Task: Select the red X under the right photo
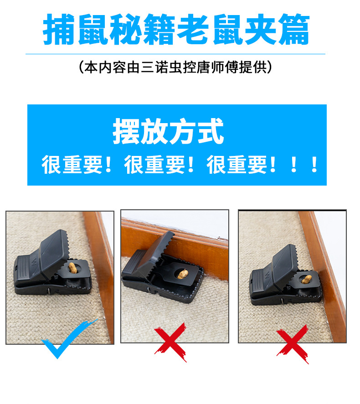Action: (292, 344)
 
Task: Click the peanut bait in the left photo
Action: (72, 268)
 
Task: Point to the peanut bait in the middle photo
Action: (183, 274)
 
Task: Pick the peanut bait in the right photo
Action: (306, 279)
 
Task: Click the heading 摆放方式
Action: (168, 131)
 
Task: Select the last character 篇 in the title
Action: (294, 29)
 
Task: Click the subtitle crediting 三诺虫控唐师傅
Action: (175, 67)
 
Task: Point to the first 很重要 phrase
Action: (72, 165)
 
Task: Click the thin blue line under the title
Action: (175, 54)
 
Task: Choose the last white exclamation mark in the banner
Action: (314, 165)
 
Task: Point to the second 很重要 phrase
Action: (155, 165)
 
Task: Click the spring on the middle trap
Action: (153, 277)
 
